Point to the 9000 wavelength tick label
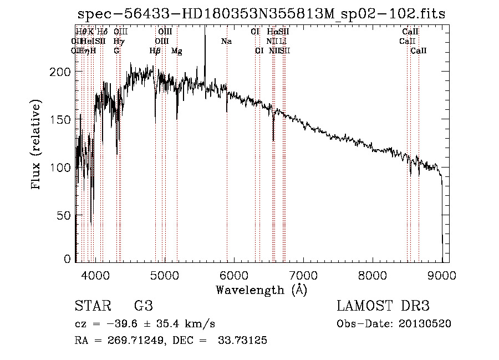[x=442, y=274]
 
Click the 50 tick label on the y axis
[x=64, y=215]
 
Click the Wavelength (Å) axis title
[x=261, y=290]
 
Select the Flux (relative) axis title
[x=37, y=145]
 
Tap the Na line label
[x=226, y=41]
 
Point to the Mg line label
[x=177, y=51]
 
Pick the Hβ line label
[x=155, y=51]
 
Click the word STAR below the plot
[x=92, y=306]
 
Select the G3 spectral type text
[x=143, y=306]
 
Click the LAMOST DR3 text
[x=383, y=306]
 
